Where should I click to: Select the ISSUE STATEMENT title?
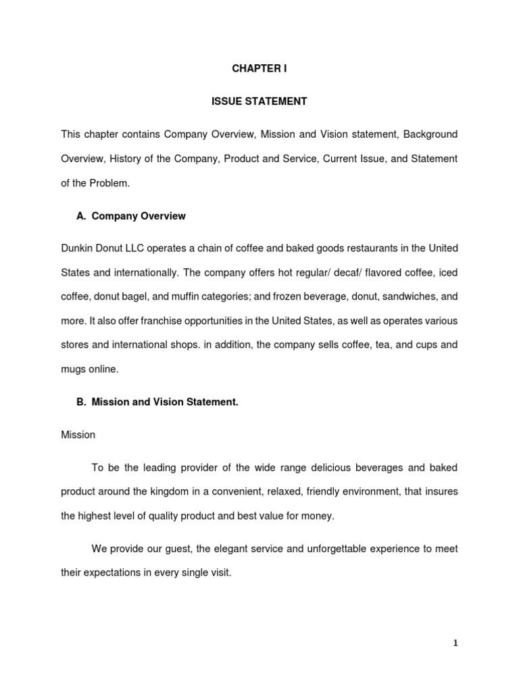coord(259,101)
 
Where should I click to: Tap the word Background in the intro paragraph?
coord(430,134)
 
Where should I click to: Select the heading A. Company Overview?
coord(131,216)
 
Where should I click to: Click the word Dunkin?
coord(77,249)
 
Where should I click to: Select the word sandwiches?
coord(402,296)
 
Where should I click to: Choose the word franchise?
coord(166,320)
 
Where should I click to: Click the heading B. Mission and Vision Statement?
coord(157,402)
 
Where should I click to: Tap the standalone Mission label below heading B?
coord(78,435)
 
